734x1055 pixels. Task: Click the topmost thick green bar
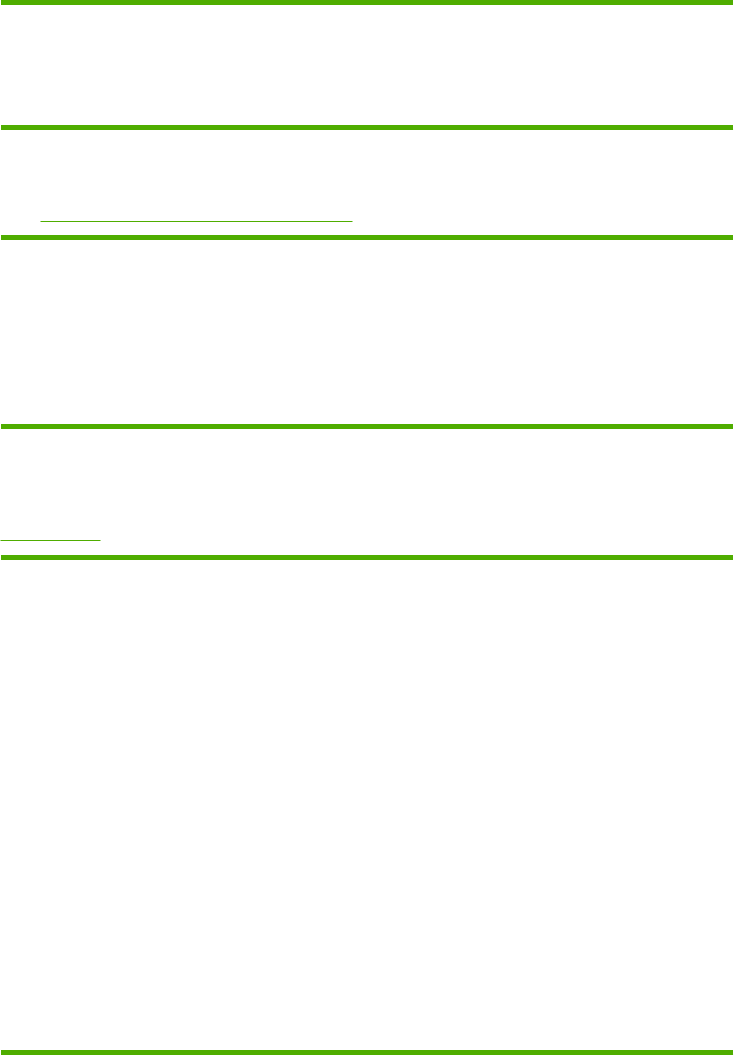[367, 2]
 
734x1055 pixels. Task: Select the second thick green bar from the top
[367, 127]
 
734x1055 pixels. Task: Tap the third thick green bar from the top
[367, 238]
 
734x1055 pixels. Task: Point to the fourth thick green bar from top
[367, 426]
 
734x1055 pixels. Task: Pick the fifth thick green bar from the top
[367, 557]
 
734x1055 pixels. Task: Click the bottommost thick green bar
[367, 1052]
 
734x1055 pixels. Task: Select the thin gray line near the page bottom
[367, 930]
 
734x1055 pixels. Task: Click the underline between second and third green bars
[196, 220]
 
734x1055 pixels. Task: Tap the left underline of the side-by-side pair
[211, 519]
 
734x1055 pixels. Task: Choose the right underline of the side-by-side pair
[564, 519]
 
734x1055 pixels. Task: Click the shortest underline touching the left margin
[51, 538]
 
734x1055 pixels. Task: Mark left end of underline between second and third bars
[41, 220]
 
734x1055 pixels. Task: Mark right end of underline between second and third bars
[352, 220]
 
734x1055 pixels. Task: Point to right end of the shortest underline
[100, 538]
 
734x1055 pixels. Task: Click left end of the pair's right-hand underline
[418, 519]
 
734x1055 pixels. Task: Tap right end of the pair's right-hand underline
[710, 519]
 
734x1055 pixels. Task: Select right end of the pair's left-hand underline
[381, 519]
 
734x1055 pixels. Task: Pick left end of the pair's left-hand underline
[41, 519]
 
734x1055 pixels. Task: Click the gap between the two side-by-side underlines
[400, 519]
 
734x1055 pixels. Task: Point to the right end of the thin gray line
[732, 930]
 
